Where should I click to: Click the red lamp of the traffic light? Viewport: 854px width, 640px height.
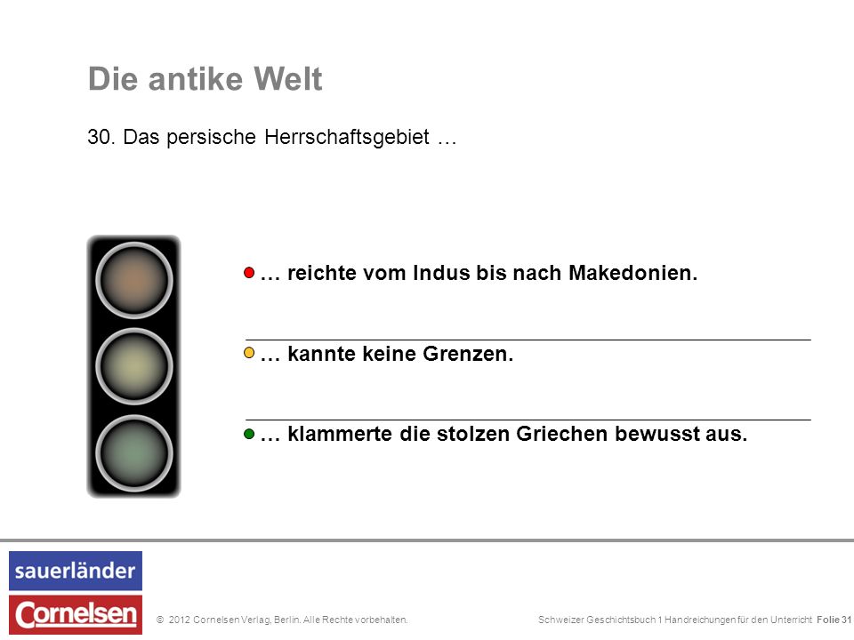click(x=134, y=280)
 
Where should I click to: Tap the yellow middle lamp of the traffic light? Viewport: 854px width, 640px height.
click(x=134, y=366)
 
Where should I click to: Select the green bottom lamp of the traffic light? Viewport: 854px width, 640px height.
click(x=134, y=453)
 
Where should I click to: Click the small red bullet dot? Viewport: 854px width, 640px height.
click(x=249, y=273)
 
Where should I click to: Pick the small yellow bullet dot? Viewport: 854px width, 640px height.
click(x=249, y=353)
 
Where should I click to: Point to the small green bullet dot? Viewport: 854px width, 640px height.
click(x=249, y=434)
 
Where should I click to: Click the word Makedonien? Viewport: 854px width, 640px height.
click(x=632, y=273)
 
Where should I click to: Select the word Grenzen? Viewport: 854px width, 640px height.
click(x=468, y=354)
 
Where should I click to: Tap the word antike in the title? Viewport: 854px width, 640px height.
click(x=196, y=78)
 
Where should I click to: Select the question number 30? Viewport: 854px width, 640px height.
click(x=101, y=137)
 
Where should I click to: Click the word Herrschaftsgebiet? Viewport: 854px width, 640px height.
click(x=347, y=137)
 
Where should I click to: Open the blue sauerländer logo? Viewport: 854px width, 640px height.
click(x=76, y=571)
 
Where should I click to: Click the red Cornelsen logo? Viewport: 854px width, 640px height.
click(x=76, y=615)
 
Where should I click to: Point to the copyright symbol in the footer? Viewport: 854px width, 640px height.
click(x=160, y=620)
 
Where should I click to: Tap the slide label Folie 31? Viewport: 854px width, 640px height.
click(x=834, y=620)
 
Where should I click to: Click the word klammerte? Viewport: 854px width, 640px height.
click(x=340, y=434)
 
